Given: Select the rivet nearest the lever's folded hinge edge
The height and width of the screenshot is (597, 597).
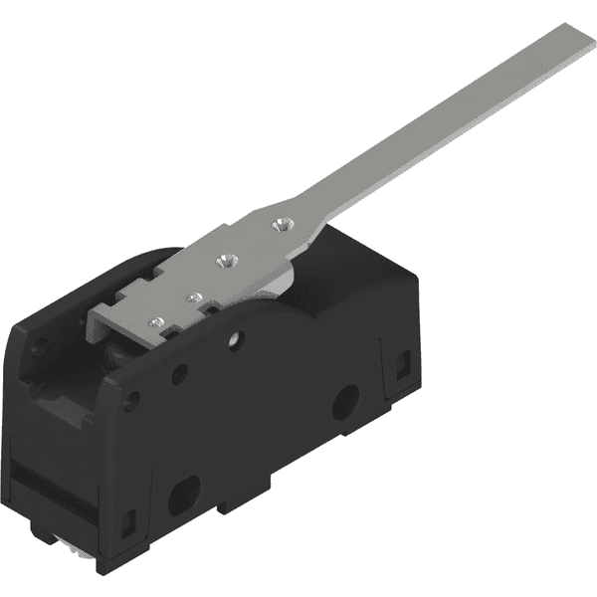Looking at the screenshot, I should tap(155, 320).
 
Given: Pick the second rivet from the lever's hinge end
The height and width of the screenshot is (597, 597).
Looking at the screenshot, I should tap(194, 297).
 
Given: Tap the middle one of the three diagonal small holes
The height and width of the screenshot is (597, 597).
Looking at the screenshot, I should tap(180, 374).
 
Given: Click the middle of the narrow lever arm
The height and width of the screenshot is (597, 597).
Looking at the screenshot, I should tap(438, 123).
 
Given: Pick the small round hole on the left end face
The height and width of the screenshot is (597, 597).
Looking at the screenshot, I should tap(40, 348).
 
